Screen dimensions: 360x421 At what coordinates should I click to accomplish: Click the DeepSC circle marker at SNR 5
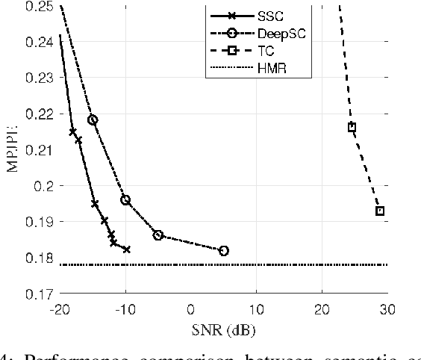tap(223, 251)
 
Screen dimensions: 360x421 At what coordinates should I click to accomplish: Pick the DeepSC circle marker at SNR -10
tap(125, 199)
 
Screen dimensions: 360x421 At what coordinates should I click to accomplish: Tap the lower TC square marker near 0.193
tap(379, 211)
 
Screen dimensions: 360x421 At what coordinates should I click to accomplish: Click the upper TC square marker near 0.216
tap(352, 127)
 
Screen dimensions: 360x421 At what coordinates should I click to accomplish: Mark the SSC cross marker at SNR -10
tap(126, 249)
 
